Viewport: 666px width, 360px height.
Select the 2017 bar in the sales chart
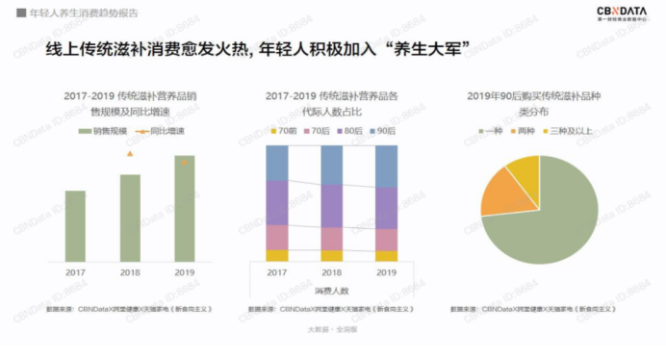pos(75,226)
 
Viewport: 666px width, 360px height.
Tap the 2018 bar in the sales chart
pos(130,219)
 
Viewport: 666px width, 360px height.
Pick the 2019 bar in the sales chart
pos(185,209)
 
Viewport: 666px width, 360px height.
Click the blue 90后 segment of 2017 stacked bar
pos(277,163)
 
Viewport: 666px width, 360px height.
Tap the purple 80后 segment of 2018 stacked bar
pos(332,205)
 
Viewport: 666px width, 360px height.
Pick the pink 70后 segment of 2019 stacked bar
pos(387,240)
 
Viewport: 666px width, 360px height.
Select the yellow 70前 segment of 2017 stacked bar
pos(277,256)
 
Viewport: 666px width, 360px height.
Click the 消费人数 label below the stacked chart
pos(331,290)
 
